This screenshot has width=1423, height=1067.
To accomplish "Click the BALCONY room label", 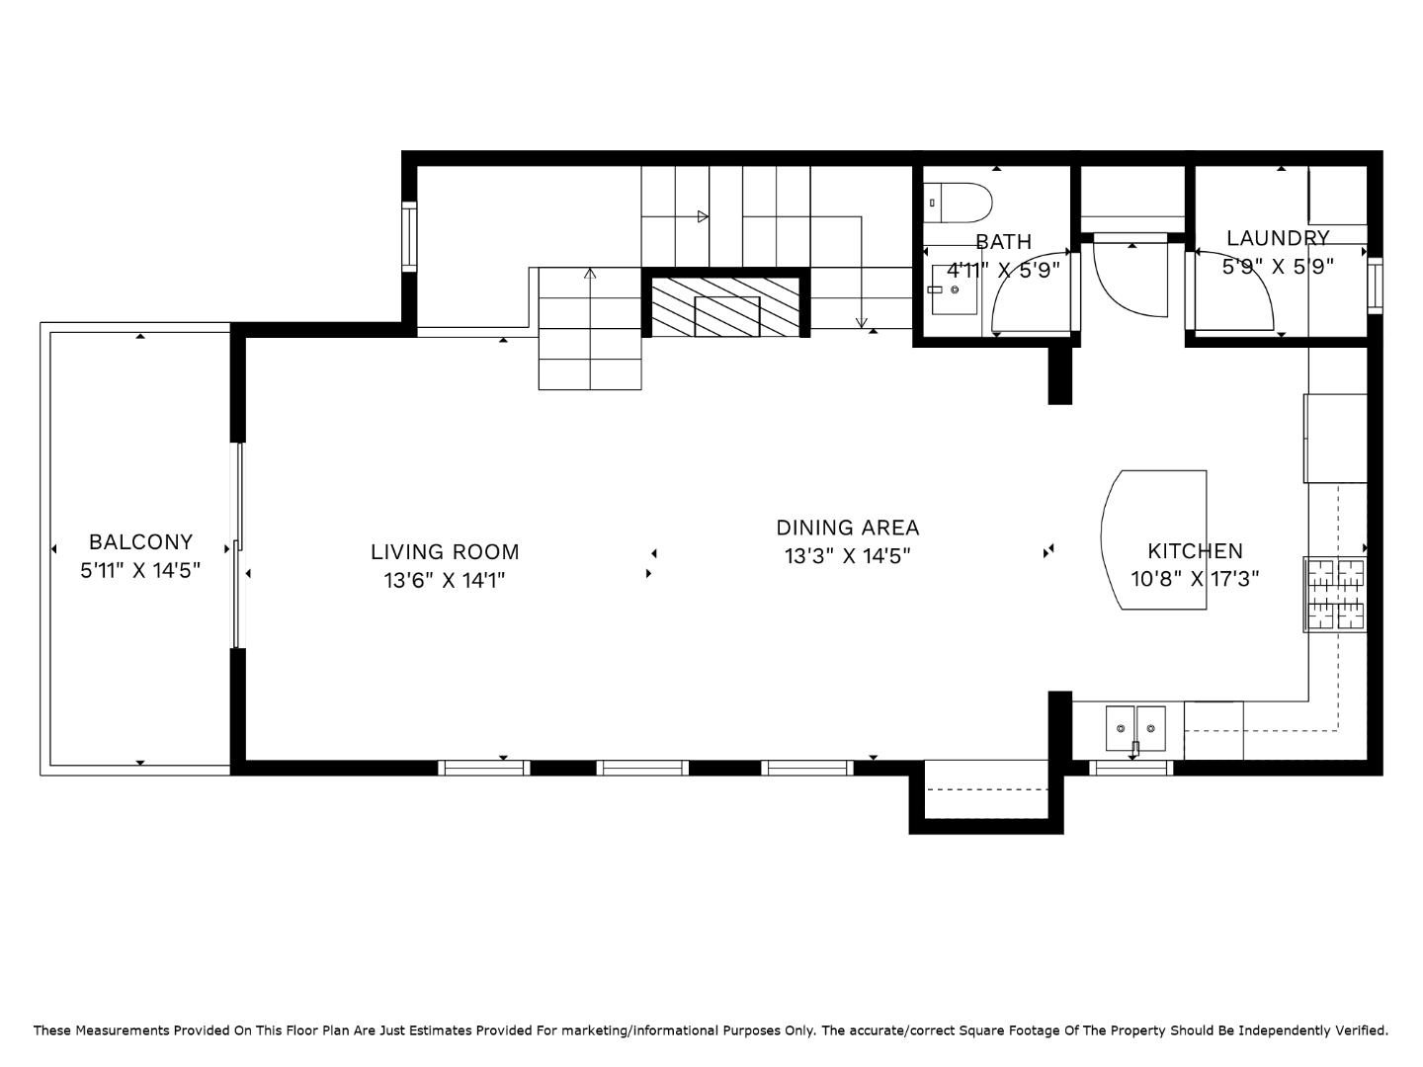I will point(140,541).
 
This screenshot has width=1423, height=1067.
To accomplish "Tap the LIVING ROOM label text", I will point(445,552).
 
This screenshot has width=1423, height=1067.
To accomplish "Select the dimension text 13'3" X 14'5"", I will point(847,556).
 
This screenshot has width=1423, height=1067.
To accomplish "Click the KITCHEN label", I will point(1195,551).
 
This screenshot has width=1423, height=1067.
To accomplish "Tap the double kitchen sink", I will point(1134,728).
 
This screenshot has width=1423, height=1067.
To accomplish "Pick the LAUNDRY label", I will point(1278,238).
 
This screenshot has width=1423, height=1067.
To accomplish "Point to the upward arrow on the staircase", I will point(590,274).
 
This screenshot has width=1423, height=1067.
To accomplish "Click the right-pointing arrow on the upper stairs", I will point(703,216).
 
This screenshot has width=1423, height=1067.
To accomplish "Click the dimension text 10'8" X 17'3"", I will point(1195,579).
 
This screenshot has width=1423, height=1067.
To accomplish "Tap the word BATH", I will point(1003,242).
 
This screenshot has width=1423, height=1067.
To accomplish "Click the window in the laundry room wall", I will point(1375,286).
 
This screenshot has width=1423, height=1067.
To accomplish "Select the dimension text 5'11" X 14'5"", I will point(140,570).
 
